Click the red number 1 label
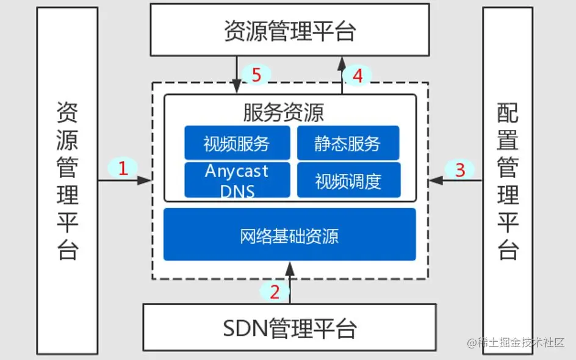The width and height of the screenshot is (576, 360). click(123, 168)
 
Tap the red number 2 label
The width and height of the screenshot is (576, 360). click(275, 292)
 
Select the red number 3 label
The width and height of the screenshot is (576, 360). click(460, 170)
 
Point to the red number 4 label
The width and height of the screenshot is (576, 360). click(358, 76)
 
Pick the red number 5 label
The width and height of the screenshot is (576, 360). click(256, 74)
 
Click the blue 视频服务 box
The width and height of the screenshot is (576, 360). click(237, 143)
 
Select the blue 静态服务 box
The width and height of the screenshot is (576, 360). click(348, 143)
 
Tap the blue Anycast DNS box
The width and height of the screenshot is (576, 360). click(237, 180)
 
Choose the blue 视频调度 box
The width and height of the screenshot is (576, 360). click(348, 180)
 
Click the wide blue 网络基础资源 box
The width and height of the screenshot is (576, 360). click(289, 234)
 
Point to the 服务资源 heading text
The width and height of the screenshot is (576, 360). click(283, 112)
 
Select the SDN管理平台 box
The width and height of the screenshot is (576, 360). click(289, 327)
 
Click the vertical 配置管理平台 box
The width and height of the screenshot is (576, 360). click(508, 181)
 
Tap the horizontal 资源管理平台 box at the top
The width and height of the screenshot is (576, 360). click(290, 30)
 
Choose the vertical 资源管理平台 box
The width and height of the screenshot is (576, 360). click(67, 181)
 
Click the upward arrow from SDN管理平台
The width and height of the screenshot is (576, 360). click(290, 283)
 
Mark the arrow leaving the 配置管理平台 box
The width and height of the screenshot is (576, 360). click(456, 181)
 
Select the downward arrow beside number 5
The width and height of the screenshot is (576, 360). click(237, 75)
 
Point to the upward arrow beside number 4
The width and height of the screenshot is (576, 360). click(342, 75)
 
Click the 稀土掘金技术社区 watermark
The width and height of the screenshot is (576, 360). click(516, 342)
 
